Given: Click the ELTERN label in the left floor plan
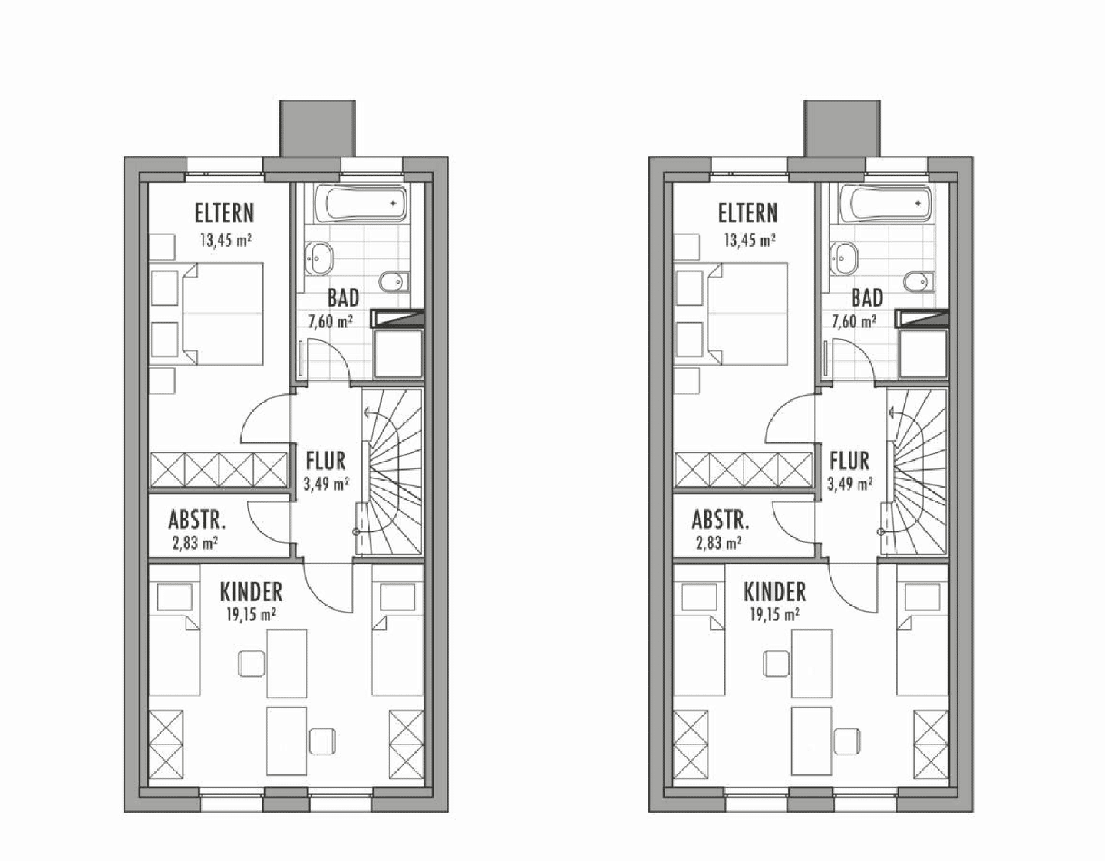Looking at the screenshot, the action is [224, 213].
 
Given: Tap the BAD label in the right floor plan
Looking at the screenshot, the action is [867, 298].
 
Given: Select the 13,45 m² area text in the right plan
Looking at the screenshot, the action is [750, 240].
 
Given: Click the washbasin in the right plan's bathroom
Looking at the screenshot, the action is [843, 258].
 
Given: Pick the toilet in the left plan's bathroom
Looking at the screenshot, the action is [395, 282].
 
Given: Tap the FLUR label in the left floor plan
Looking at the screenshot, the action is [325, 461].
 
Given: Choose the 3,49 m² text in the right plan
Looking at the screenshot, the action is [849, 484].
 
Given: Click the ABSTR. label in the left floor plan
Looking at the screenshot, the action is [196, 520].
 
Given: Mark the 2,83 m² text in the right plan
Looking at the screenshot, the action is [718, 543].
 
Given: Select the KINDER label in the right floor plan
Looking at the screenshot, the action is [774, 592].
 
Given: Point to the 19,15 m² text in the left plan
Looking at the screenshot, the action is [251, 615].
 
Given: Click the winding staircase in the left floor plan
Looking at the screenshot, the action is [391, 472].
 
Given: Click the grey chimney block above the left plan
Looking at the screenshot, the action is [318, 128].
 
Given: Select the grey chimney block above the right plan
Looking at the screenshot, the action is [842, 128].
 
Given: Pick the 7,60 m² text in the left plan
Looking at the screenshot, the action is [331, 321].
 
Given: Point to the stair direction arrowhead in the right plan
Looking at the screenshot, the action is [889, 412].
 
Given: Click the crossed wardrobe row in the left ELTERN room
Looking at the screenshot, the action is [219, 469].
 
